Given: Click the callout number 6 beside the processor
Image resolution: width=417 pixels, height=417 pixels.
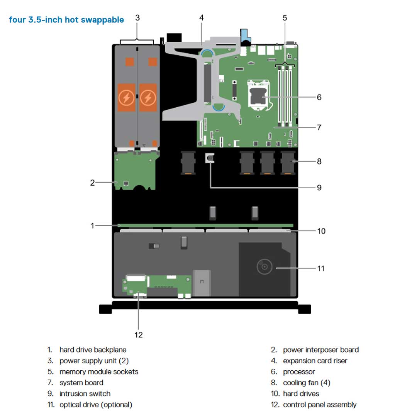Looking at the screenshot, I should coord(319,97).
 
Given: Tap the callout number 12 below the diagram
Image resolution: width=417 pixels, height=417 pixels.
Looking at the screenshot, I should coord(138,334).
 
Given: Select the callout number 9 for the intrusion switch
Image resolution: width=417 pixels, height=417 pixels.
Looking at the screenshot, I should coord(319,188).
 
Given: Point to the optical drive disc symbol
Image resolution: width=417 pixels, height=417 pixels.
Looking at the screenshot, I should coord(264,266).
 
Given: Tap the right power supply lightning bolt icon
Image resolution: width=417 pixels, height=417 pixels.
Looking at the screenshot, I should coord(147,99).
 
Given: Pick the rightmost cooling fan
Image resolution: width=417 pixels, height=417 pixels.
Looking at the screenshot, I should coord(288,162).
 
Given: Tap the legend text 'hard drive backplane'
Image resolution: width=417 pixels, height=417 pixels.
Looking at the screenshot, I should coord(93,350).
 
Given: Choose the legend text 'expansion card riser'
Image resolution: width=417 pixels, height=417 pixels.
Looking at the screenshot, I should coord(315,361).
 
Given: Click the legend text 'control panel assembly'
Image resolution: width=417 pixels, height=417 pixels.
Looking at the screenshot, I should coord(320,405).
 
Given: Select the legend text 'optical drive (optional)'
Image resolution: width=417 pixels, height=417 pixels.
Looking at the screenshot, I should coord(96,405).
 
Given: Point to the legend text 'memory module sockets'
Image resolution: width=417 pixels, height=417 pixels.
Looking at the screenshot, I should coord(99,372).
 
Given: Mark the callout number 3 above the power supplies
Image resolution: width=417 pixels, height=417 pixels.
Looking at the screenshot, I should coord(137,18).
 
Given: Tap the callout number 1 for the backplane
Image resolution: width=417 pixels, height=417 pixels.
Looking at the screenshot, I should coord(92,225).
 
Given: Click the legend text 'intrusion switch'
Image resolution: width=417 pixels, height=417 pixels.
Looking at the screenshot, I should coord(85,394).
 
